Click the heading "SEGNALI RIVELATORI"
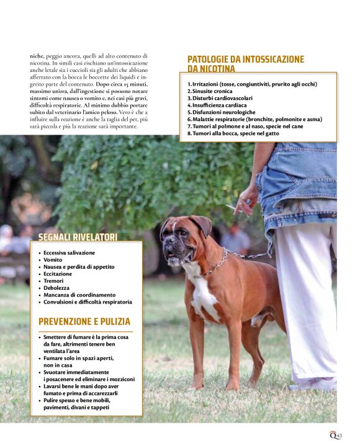78,236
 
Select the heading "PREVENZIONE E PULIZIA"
84,321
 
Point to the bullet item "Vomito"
53,260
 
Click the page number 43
340,435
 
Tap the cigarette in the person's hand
231,207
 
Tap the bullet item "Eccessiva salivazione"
69,253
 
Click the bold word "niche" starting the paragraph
38,56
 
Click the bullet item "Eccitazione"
58,274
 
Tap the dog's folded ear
202,224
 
